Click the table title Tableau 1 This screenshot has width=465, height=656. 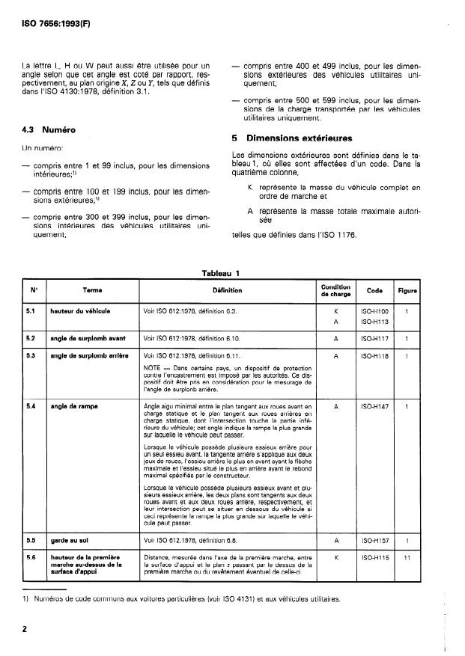[219, 273]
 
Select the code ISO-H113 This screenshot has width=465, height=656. [374, 322]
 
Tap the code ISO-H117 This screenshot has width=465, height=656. [374, 338]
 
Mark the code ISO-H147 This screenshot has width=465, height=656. [374, 406]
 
